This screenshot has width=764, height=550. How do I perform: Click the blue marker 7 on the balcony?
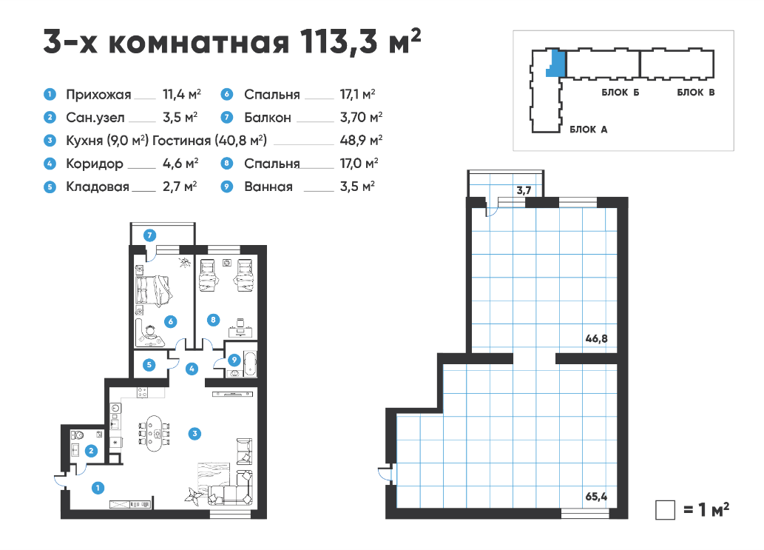[149, 235]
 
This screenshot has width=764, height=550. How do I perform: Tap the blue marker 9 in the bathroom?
[234, 360]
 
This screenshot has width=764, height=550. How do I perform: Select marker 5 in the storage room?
[149, 365]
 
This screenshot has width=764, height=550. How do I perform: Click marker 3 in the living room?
[195, 434]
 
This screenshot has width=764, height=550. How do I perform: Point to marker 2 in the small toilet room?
[91, 451]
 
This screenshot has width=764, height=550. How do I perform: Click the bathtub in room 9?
[250, 363]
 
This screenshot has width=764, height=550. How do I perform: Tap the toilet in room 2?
[78, 435]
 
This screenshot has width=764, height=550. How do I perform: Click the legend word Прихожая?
[98, 95]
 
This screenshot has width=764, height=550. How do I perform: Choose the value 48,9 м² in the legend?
[361, 141]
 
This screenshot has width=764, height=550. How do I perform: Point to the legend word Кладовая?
[98, 187]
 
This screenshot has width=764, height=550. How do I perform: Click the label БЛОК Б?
[621, 93]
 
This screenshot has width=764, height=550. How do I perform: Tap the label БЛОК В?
[696, 93]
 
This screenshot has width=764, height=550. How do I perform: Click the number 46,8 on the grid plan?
[596, 338]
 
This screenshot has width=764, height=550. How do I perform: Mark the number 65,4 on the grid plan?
[596, 497]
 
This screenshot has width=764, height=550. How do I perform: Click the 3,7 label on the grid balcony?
[524, 190]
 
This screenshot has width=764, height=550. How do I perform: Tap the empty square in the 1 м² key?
[665, 510]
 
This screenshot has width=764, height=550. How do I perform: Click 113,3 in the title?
[339, 41]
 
